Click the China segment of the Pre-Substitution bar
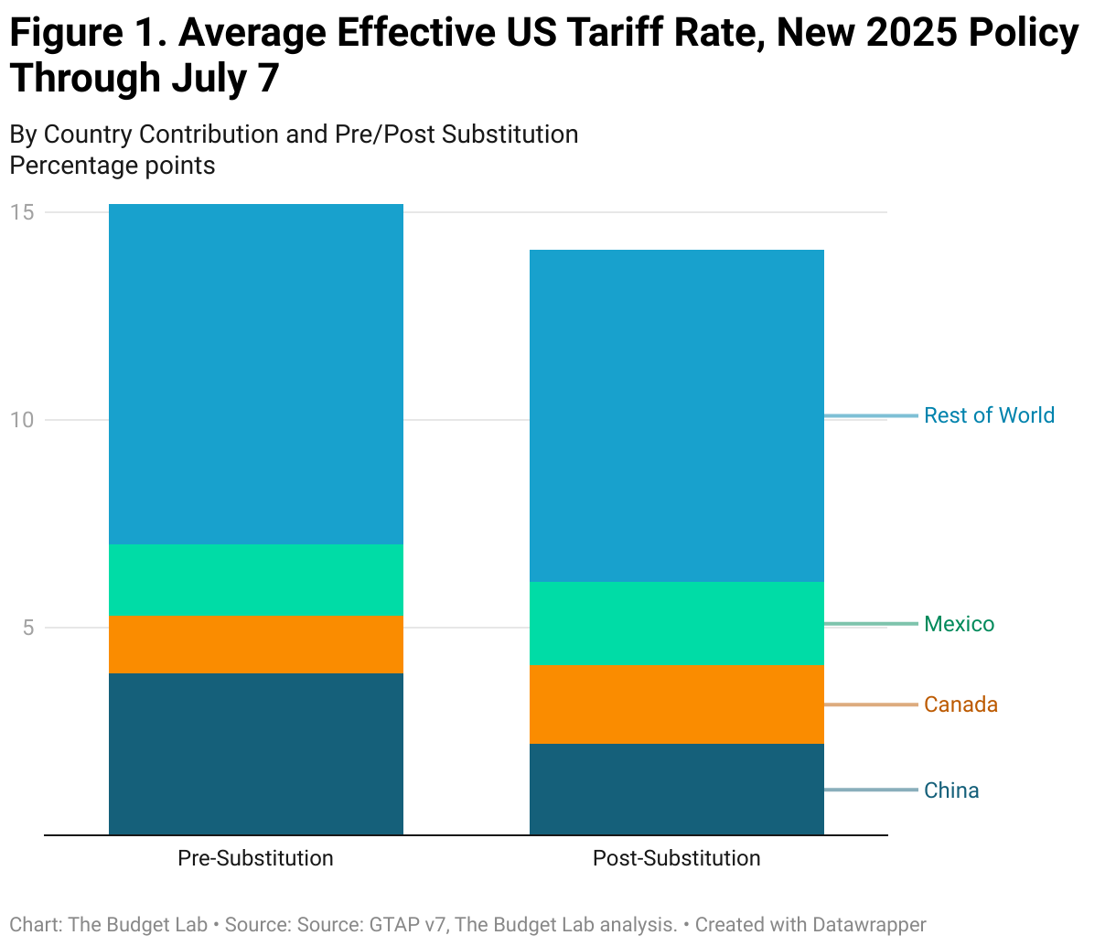[256, 754]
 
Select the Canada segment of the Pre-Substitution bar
[256, 644]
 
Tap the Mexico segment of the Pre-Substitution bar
[256, 580]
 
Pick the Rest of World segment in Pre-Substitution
[256, 374]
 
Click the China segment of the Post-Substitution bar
[677, 789]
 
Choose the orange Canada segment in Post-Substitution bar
[677, 704]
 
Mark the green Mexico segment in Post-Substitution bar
[677, 623]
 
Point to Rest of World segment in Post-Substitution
[677, 415]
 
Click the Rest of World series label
[989, 415]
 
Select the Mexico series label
[959, 624]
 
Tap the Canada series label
[960, 704]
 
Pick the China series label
[951, 790]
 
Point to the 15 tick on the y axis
[22, 212]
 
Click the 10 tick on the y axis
[22, 420]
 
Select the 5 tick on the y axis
[27, 628]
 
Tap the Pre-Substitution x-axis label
[255, 858]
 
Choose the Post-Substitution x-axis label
[676, 858]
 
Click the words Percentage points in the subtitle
[113, 166]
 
